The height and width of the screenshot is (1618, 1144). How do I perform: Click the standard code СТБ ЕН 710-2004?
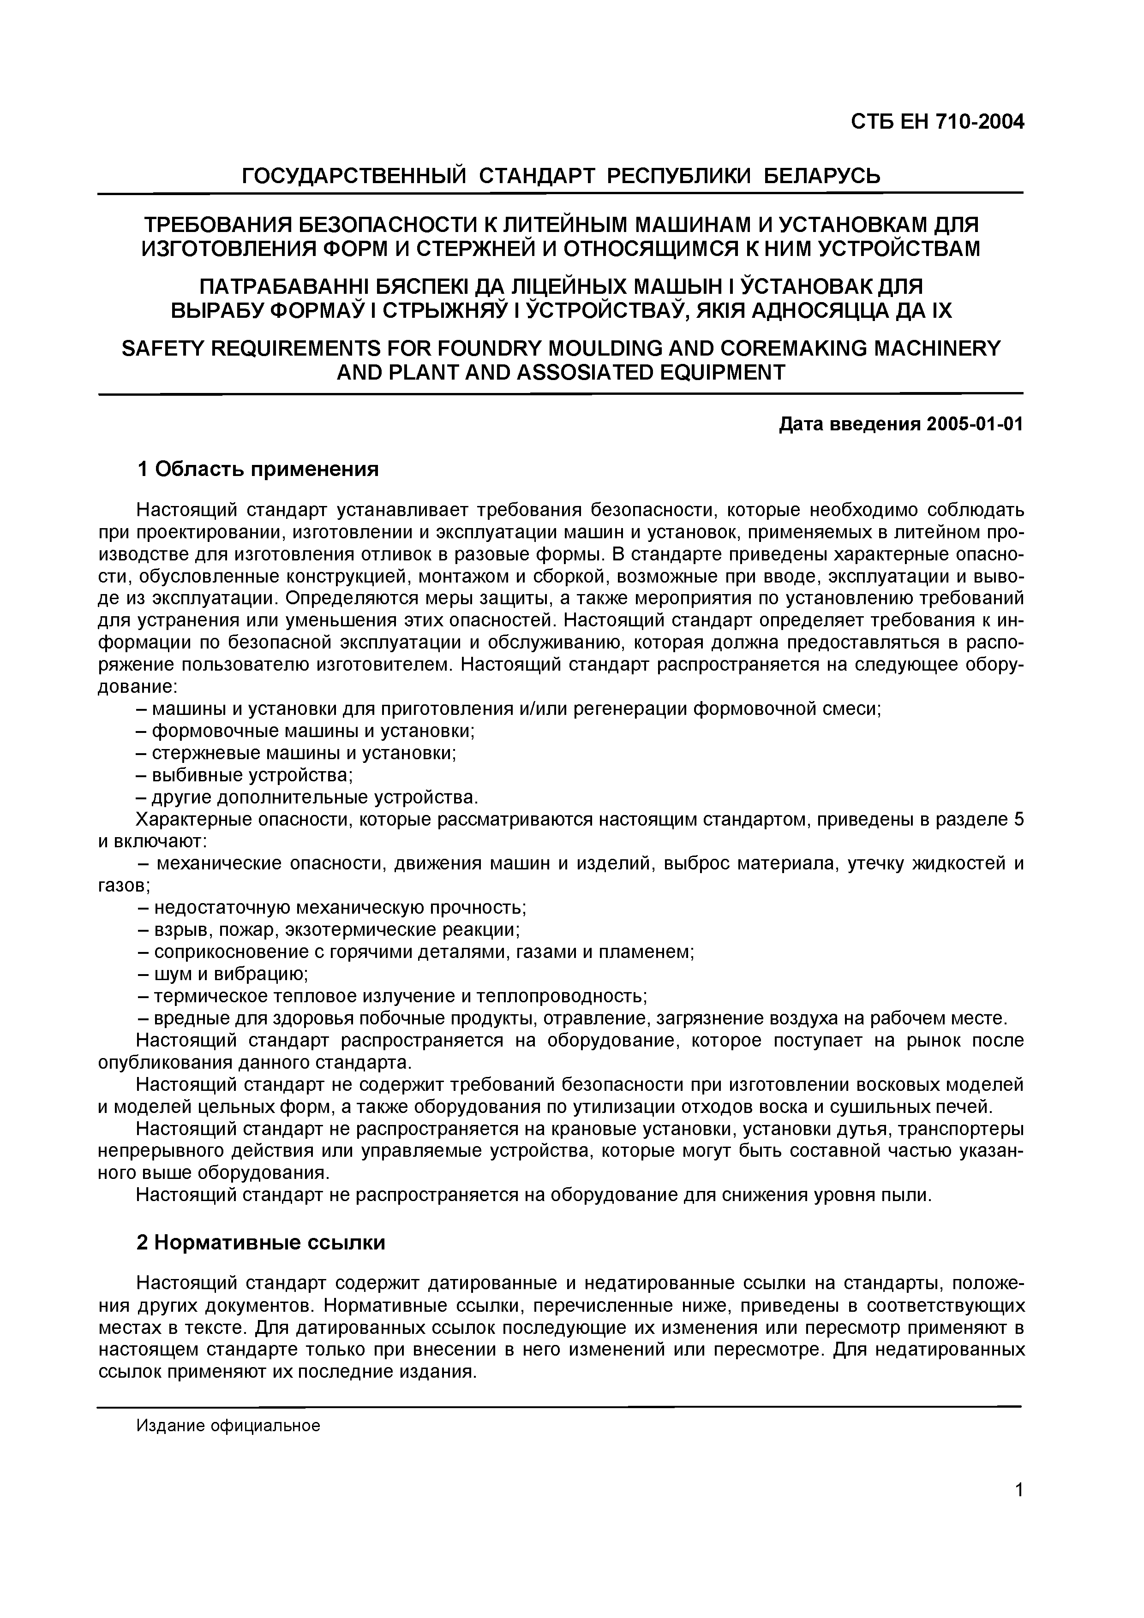[937, 123]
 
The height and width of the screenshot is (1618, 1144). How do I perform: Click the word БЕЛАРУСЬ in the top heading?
[822, 175]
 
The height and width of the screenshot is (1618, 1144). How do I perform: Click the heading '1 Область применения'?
[258, 470]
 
